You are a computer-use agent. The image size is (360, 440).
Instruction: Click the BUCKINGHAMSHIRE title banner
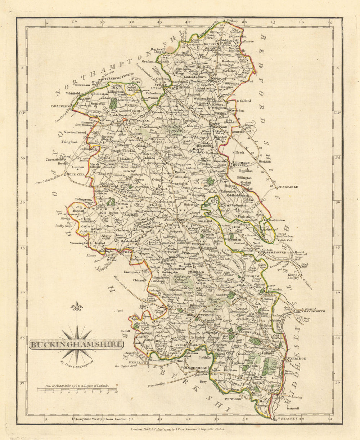pos(76,344)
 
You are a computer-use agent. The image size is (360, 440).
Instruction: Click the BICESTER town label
pos(75,174)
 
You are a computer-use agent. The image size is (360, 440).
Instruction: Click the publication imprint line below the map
pos(177,430)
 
